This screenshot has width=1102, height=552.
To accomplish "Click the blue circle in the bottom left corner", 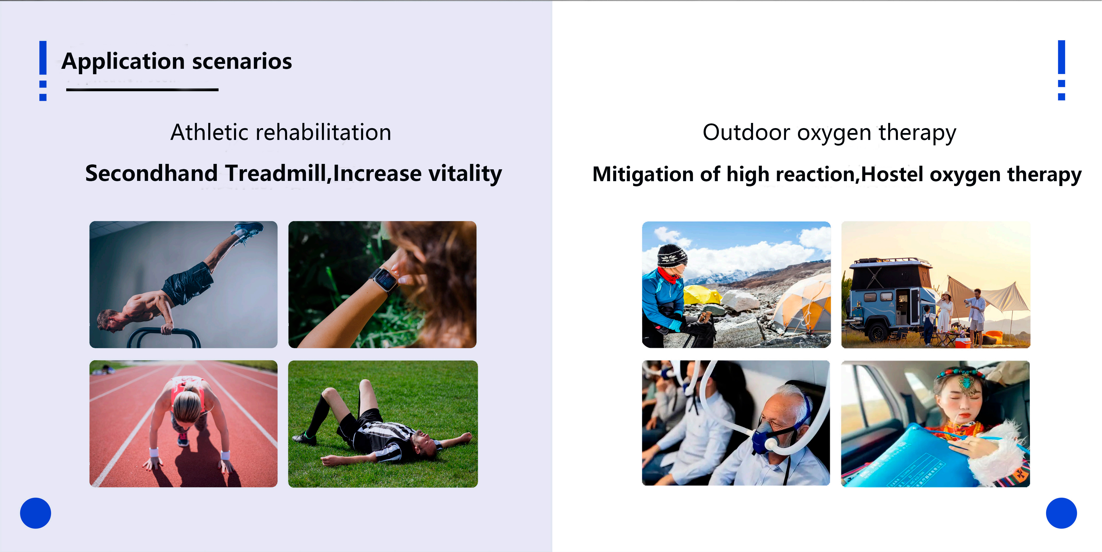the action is click(36, 513).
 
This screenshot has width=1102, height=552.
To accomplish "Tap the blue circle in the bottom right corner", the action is click(1061, 513).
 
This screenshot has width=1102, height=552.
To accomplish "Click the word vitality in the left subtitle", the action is click(465, 174).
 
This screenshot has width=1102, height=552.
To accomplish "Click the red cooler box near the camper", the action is click(963, 342).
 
